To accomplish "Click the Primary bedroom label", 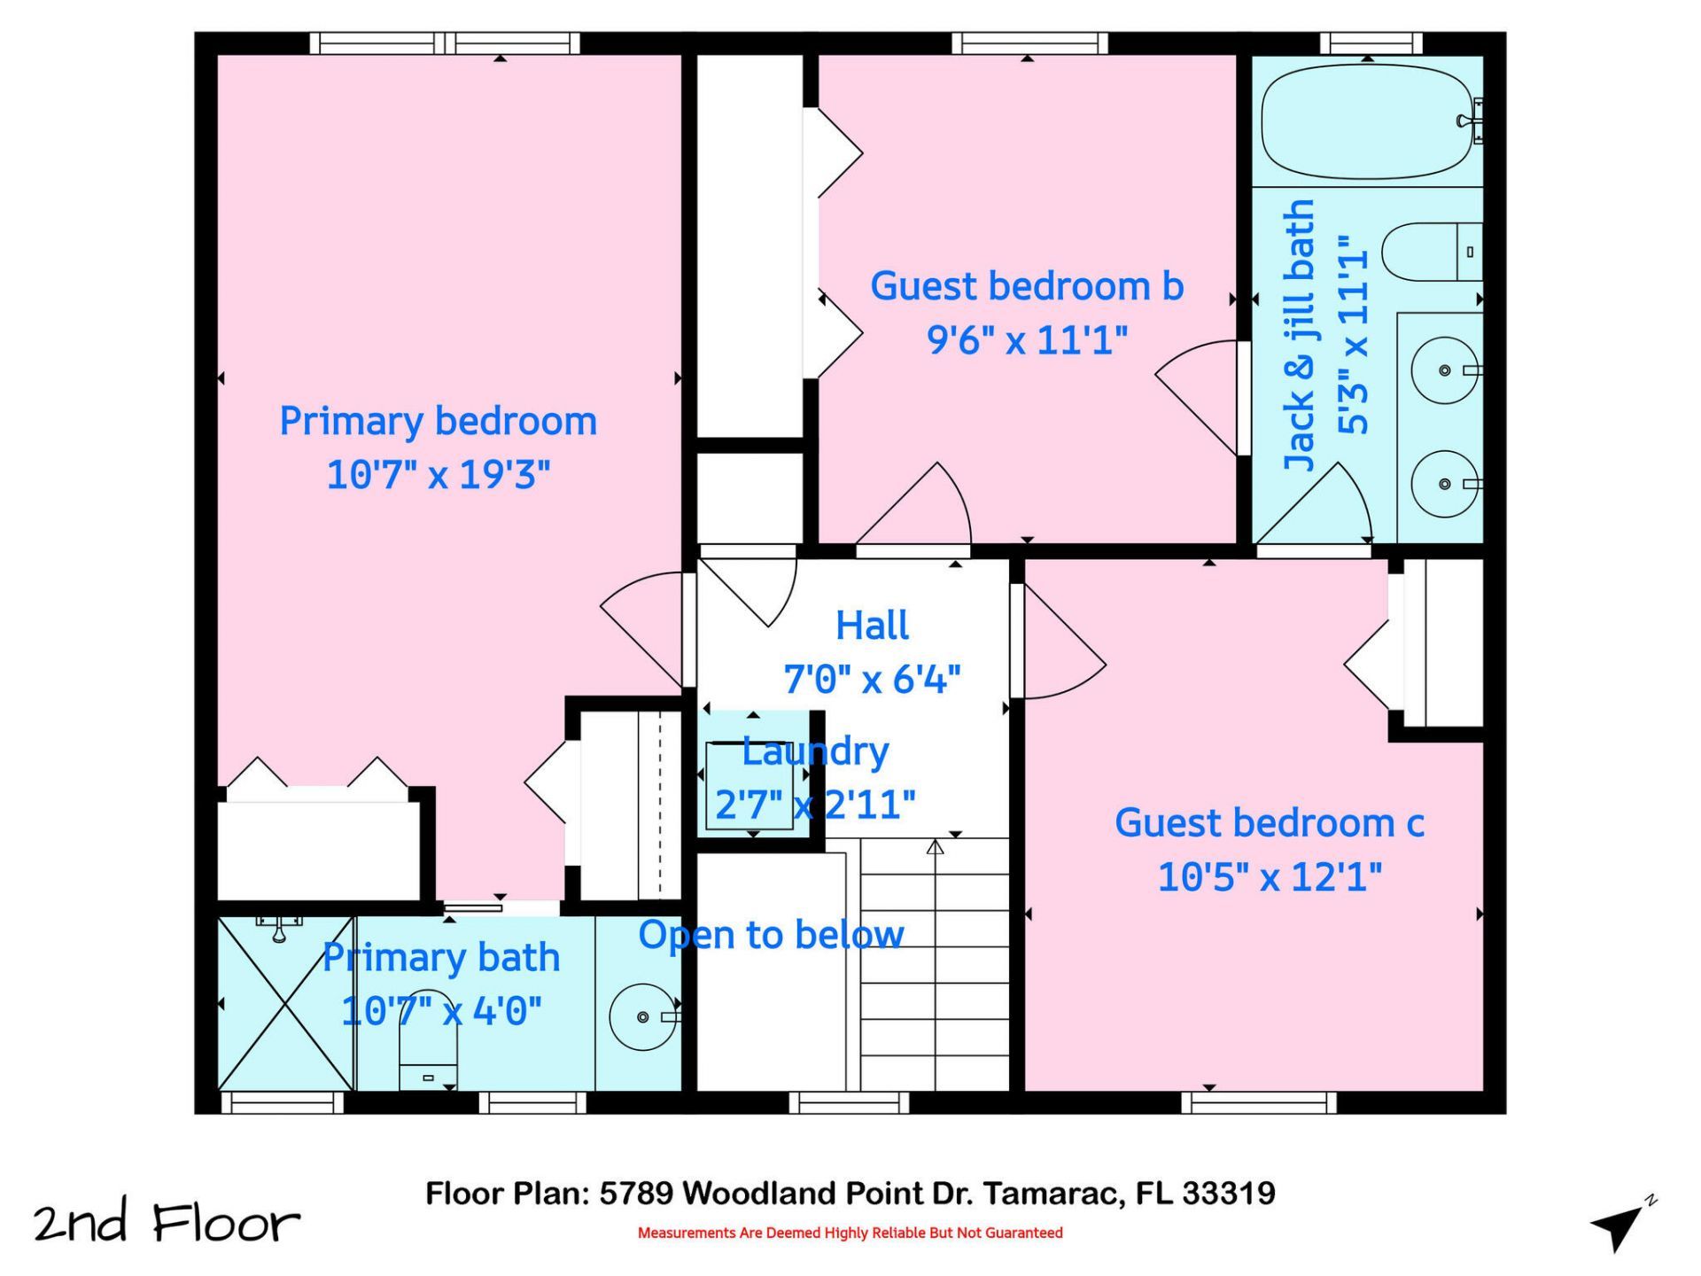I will (x=438, y=421).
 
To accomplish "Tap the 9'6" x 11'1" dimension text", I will (x=1027, y=340).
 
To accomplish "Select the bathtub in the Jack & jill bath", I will (x=1368, y=121).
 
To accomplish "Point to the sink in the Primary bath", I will (x=644, y=1016).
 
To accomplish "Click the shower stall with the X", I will (x=284, y=1004).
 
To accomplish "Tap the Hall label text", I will (x=872, y=626).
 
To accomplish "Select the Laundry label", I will (x=815, y=751).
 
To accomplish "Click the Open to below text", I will (x=771, y=935).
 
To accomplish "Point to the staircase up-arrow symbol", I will (x=936, y=848).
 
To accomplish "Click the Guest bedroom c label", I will (x=1269, y=823).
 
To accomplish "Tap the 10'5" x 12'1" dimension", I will (x=1269, y=877).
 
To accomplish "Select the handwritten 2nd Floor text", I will (x=167, y=1223).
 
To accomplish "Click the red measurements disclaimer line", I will (x=850, y=1233).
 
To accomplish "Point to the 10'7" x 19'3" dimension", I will (x=438, y=475).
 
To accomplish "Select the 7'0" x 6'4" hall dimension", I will (x=872, y=680).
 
